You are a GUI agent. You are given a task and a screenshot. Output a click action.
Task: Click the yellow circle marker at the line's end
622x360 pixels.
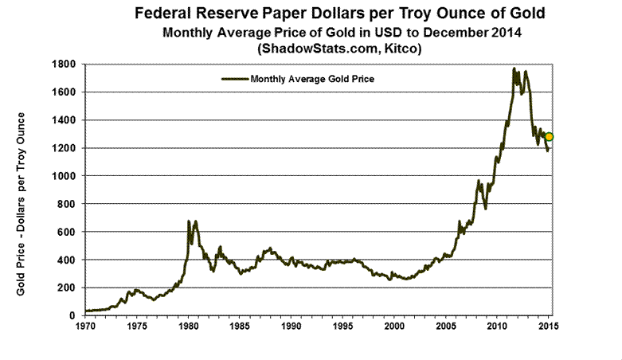[549, 136]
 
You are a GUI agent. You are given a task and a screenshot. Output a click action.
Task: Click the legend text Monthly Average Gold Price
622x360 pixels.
[312, 80]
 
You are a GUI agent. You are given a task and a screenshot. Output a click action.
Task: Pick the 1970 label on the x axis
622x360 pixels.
[84, 327]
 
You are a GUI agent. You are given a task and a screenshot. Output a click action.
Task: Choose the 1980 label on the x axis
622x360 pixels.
[188, 327]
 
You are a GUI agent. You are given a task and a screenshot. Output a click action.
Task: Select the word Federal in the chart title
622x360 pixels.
[170, 14]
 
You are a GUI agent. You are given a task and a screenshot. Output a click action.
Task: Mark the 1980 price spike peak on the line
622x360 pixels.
[189, 221]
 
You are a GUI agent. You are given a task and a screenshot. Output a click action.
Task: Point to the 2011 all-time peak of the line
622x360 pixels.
[514, 68]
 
